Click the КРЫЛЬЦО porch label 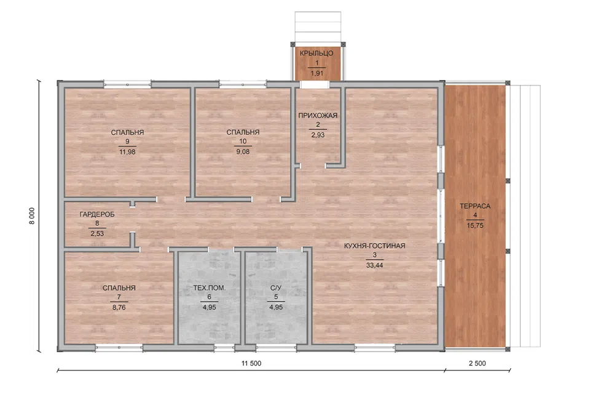317,53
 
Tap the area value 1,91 317,73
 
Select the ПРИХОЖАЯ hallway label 318,115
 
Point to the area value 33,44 374,265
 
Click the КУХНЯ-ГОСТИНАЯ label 374,246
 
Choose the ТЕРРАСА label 475,206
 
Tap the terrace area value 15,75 475,225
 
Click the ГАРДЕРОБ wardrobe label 97,214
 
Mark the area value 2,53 97,233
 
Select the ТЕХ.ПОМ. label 209,288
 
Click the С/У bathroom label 276,288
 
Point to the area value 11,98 127,151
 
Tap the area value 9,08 243,151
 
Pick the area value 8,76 119,307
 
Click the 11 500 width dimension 251,363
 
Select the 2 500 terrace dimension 477,363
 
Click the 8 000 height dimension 32,215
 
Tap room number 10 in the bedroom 243,142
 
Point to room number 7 119,297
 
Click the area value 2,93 318,135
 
